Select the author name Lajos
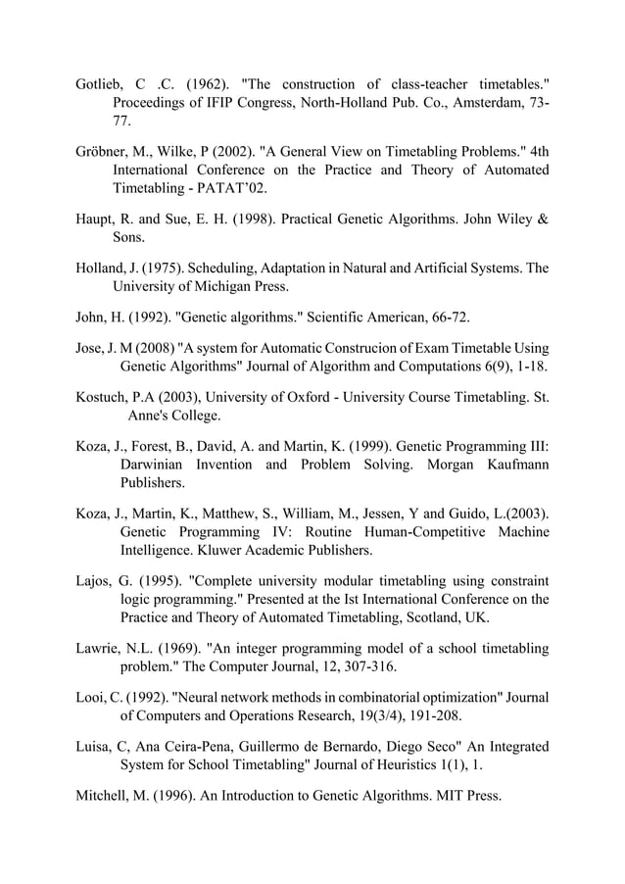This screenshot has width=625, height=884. point(96,581)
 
